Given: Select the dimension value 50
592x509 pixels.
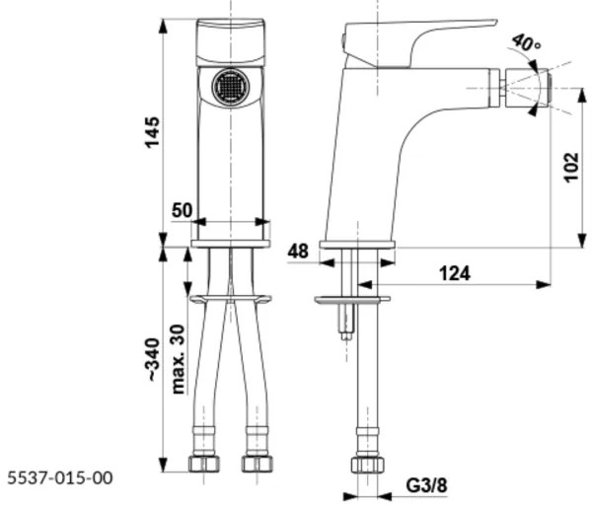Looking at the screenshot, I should pyautogui.click(x=183, y=210).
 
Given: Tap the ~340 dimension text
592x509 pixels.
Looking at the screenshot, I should pyautogui.click(x=152, y=363).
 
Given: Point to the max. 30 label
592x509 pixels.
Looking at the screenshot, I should pyautogui.click(x=179, y=359).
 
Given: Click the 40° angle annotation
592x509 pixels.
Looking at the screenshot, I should pyautogui.click(x=527, y=44).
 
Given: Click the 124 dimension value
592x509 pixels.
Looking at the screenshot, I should pyautogui.click(x=453, y=272).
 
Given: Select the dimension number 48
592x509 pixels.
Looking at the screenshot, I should pyautogui.click(x=298, y=252).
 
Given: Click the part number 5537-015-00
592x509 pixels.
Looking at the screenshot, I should pyautogui.click(x=59, y=478).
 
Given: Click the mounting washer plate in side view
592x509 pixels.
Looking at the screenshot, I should pyautogui.click(x=351, y=298).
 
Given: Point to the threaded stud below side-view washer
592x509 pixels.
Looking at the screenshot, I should pyautogui.click(x=344, y=322).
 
